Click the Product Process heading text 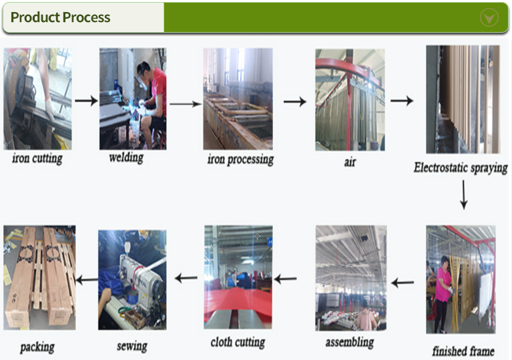click(x=60, y=17)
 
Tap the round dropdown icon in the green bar click(x=489, y=17)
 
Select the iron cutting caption click(x=37, y=159)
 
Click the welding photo click(x=133, y=99)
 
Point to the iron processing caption click(x=240, y=160)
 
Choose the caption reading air click(x=350, y=162)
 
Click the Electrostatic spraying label click(x=461, y=168)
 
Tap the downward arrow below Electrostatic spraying click(x=464, y=195)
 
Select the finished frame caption click(x=463, y=351)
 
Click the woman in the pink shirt click(x=443, y=294)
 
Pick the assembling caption click(x=350, y=343)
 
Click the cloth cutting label click(x=238, y=343)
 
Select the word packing click(x=37, y=347)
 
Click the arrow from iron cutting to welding click(x=86, y=100)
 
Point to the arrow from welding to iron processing click(x=186, y=104)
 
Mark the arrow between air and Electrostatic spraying click(x=402, y=101)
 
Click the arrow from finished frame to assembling click(x=403, y=283)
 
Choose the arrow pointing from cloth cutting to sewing click(x=186, y=278)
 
